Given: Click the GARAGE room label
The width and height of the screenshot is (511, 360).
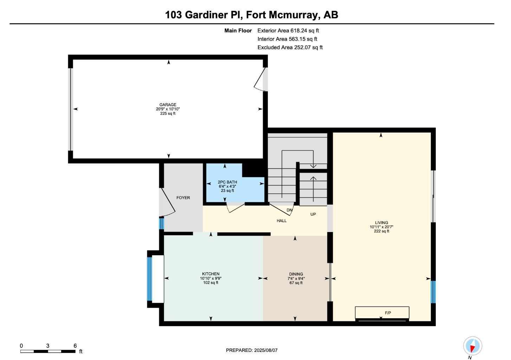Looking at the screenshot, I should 168,105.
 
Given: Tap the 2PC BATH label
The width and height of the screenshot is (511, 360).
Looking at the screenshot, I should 227,182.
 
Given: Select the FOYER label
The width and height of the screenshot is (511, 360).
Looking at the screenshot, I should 183,198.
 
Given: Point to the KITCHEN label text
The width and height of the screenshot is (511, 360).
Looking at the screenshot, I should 211,274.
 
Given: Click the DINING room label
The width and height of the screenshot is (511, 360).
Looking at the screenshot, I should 296,274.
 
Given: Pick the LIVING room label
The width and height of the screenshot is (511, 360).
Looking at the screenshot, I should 381,223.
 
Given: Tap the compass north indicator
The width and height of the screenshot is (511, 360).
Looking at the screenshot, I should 472,346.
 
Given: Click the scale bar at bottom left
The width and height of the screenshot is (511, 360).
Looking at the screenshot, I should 48,351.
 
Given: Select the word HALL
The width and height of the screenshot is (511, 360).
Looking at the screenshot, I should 282,221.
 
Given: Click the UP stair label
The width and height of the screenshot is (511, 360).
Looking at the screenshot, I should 313,214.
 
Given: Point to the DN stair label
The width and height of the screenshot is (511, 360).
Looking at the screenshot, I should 289,210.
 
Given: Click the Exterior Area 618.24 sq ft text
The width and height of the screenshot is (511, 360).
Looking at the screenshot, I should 288,31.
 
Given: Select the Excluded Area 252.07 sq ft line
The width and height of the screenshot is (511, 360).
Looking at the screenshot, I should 290,47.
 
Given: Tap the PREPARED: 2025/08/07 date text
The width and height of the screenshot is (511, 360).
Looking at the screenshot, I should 252,350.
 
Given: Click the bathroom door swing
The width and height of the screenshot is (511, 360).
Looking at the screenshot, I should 235,208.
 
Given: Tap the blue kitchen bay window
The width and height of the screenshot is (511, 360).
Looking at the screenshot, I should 149,279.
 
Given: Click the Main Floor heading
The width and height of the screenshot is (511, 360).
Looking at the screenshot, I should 238,31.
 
